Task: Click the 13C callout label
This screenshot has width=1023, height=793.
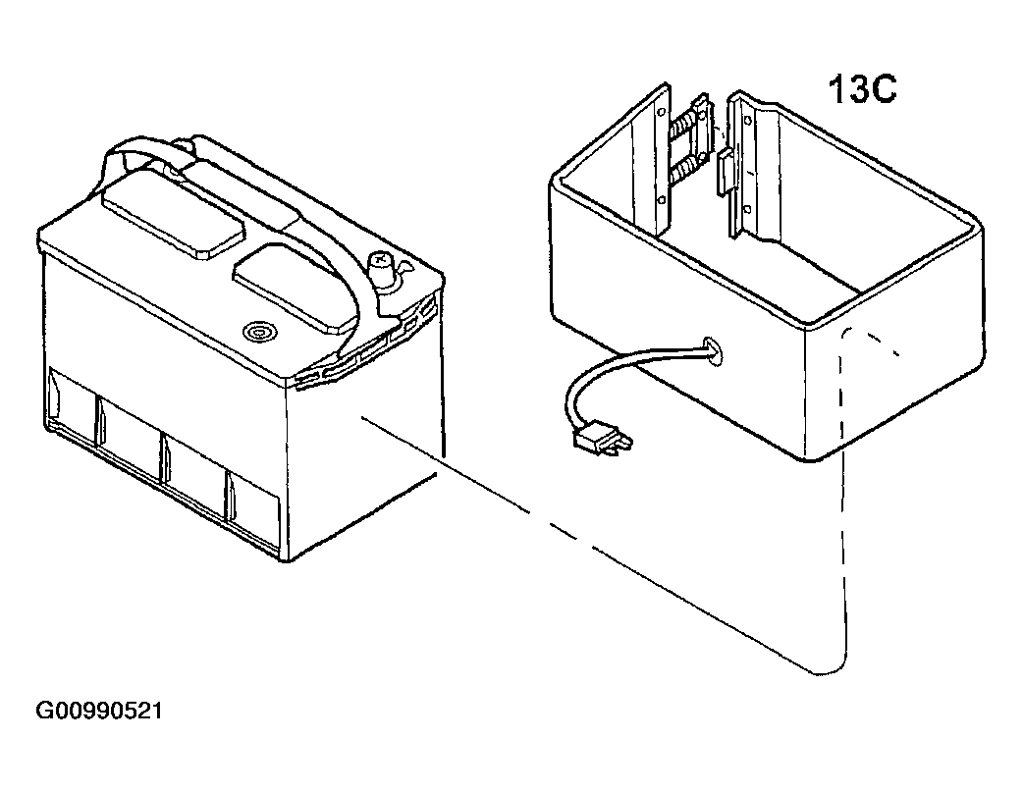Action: tap(862, 89)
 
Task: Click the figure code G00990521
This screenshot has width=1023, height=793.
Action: tap(98, 711)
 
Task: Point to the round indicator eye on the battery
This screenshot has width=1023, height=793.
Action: tap(258, 333)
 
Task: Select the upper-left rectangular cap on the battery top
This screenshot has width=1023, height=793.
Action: tap(172, 211)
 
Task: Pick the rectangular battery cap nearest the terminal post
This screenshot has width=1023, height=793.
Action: tap(296, 284)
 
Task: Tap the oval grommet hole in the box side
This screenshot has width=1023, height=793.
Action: tap(713, 350)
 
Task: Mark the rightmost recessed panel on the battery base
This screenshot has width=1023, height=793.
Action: tap(253, 502)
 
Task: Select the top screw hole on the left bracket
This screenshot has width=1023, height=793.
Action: tap(663, 112)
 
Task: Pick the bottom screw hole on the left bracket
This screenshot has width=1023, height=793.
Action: tap(662, 199)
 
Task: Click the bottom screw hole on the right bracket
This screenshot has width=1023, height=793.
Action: tap(748, 209)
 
